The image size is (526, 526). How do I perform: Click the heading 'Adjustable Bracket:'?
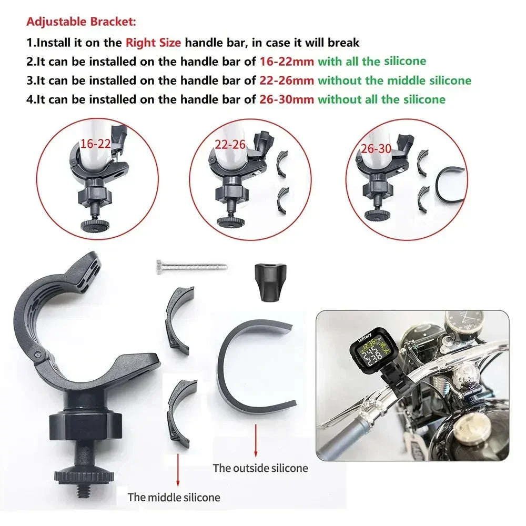tap(81, 22)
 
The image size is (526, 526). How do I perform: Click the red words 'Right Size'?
tap(153, 43)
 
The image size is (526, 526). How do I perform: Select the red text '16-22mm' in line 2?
tap(287, 62)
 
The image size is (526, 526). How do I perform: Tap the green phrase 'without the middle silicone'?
tap(394, 80)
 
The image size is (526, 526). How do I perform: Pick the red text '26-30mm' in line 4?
tap(287, 99)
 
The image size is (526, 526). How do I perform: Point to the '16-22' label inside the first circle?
tap(96, 144)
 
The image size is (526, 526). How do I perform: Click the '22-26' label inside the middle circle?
tap(230, 145)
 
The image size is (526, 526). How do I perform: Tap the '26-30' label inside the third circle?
tap(376, 149)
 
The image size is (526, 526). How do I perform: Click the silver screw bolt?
tap(191, 267)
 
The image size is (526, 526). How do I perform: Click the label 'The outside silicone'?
tap(260, 468)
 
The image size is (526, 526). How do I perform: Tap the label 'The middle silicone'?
tap(174, 497)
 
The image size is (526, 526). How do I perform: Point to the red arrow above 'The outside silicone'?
tap(256, 440)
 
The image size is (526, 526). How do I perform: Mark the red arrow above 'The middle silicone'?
tap(178, 470)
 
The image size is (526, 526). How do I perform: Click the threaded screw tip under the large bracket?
tap(83, 490)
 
